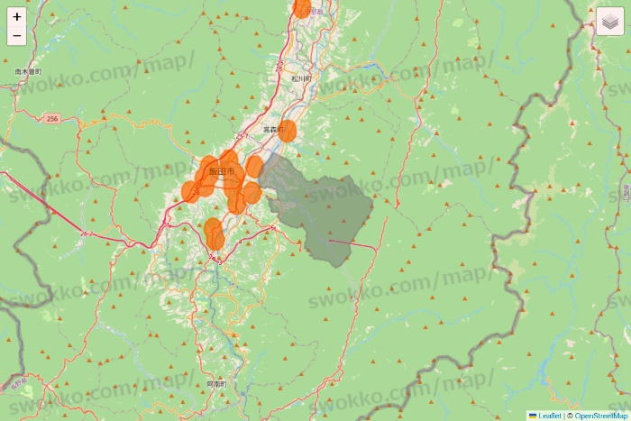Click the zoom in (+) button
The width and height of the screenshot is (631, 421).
pyautogui.click(x=17, y=16)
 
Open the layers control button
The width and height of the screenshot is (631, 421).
pyautogui.click(x=610, y=22)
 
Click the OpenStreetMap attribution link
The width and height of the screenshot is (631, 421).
pyautogui.click(x=600, y=416)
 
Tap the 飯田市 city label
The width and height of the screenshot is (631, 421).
pyautogui.click(x=221, y=171)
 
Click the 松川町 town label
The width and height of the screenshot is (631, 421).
pyautogui.click(x=300, y=78)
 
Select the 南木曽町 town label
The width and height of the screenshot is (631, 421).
pyautogui.click(x=29, y=70)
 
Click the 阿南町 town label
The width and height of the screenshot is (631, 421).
pyautogui.click(x=216, y=384)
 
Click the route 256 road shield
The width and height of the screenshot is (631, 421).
pyautogui.click(x=52, y=118)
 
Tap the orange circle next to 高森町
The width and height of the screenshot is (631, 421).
pyautogui.click(x=288, y=131)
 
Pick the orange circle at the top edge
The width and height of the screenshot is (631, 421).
pyautogui.click(x=302, y=7)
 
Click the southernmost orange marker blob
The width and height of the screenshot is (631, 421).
pyautogui.click(x=214, y=233)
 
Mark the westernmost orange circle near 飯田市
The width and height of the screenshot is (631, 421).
pyautogui.click(x=189, y=191)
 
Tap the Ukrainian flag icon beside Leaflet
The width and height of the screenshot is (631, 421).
pyautogui.click(x=533, y=416)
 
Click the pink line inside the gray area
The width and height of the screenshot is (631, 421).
pyautogui.click(x=352, y=243)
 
